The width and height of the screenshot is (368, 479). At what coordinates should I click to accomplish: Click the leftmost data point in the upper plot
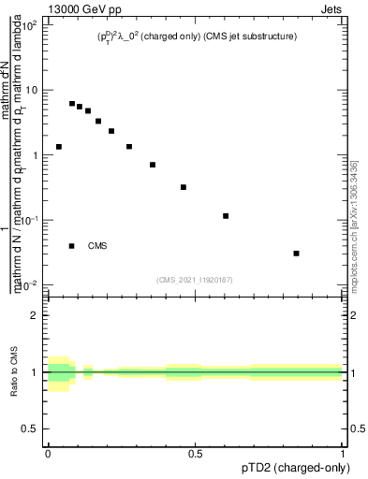click(x=59, y=147)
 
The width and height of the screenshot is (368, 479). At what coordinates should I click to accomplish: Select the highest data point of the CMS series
click(x=72, y=104)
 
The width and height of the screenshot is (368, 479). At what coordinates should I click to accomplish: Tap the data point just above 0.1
click(x=226, y=216)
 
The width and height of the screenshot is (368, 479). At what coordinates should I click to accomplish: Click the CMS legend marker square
click(x=72, y=246)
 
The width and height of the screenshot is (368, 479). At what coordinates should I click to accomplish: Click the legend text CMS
click(x=97, y=246)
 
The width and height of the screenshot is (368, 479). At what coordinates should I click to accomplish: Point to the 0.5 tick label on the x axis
click(x=195, y=454)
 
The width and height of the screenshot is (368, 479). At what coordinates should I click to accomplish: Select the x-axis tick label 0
click(x=48, y=454)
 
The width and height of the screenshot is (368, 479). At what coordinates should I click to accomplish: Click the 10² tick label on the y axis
click(x=30, y=25)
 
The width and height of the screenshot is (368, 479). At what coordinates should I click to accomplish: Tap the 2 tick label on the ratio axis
click(x=34, y=315)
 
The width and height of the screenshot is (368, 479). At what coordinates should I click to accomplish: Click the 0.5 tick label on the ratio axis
click(x=30, y=428)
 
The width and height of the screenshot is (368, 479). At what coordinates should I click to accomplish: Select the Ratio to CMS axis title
click(x=16, y=372)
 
